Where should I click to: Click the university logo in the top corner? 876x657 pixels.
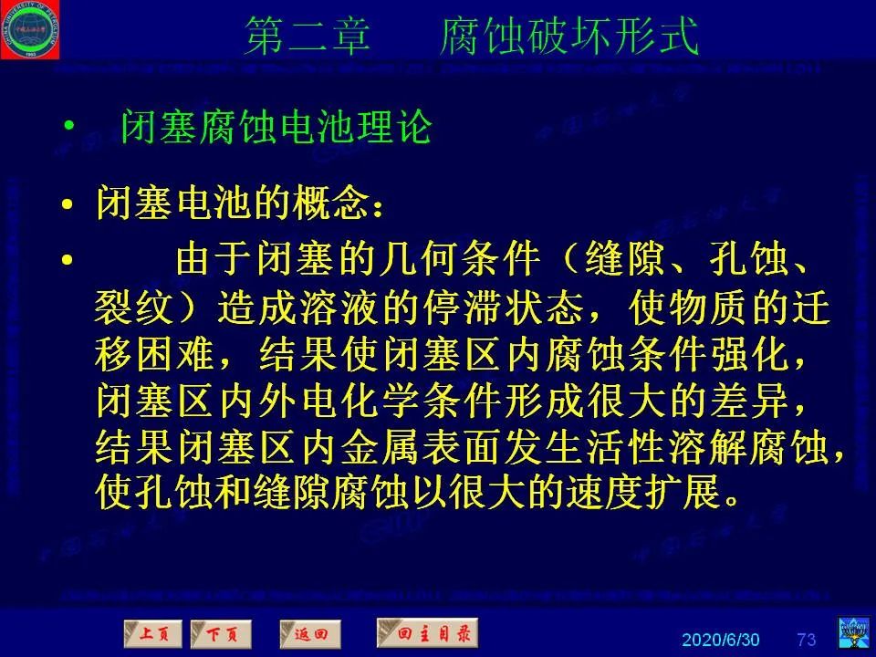tap(30, 29)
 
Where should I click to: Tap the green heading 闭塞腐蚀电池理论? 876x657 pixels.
tap(276, 127)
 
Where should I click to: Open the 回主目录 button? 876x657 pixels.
tap(427, 631)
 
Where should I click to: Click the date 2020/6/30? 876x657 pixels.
tap(721, 638)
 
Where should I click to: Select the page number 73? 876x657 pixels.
tap(807, 638)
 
